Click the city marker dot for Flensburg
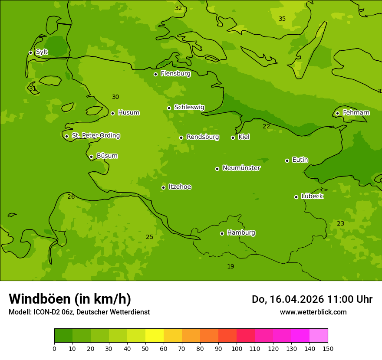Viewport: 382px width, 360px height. (155, 74)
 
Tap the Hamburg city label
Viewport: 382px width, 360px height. (241, 233)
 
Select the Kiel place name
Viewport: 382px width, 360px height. (244, 137)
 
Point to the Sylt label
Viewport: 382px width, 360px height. (42, 52)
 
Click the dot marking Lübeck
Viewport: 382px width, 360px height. (296, 197)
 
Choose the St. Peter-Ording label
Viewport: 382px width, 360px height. (96, 136)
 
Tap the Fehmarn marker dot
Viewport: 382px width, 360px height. (337, 113)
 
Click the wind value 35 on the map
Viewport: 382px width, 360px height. (282, 19)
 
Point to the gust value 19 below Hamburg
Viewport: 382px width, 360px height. (231, 267)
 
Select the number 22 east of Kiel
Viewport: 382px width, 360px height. (266, 127)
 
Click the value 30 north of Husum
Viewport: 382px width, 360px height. (115, 97)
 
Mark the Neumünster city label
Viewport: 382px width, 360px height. (241, 168)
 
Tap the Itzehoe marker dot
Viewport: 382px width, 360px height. (163, 187)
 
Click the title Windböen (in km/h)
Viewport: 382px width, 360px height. (70, 299)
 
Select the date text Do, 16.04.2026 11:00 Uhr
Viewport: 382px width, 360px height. (312, 299)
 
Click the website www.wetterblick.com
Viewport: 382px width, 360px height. (313, 312)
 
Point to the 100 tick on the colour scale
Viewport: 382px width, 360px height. (237, 348)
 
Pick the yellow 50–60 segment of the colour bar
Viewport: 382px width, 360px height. (155, 336)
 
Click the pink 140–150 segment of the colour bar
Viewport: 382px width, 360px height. (319, 336)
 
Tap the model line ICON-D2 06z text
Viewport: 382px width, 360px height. (79, 312)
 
